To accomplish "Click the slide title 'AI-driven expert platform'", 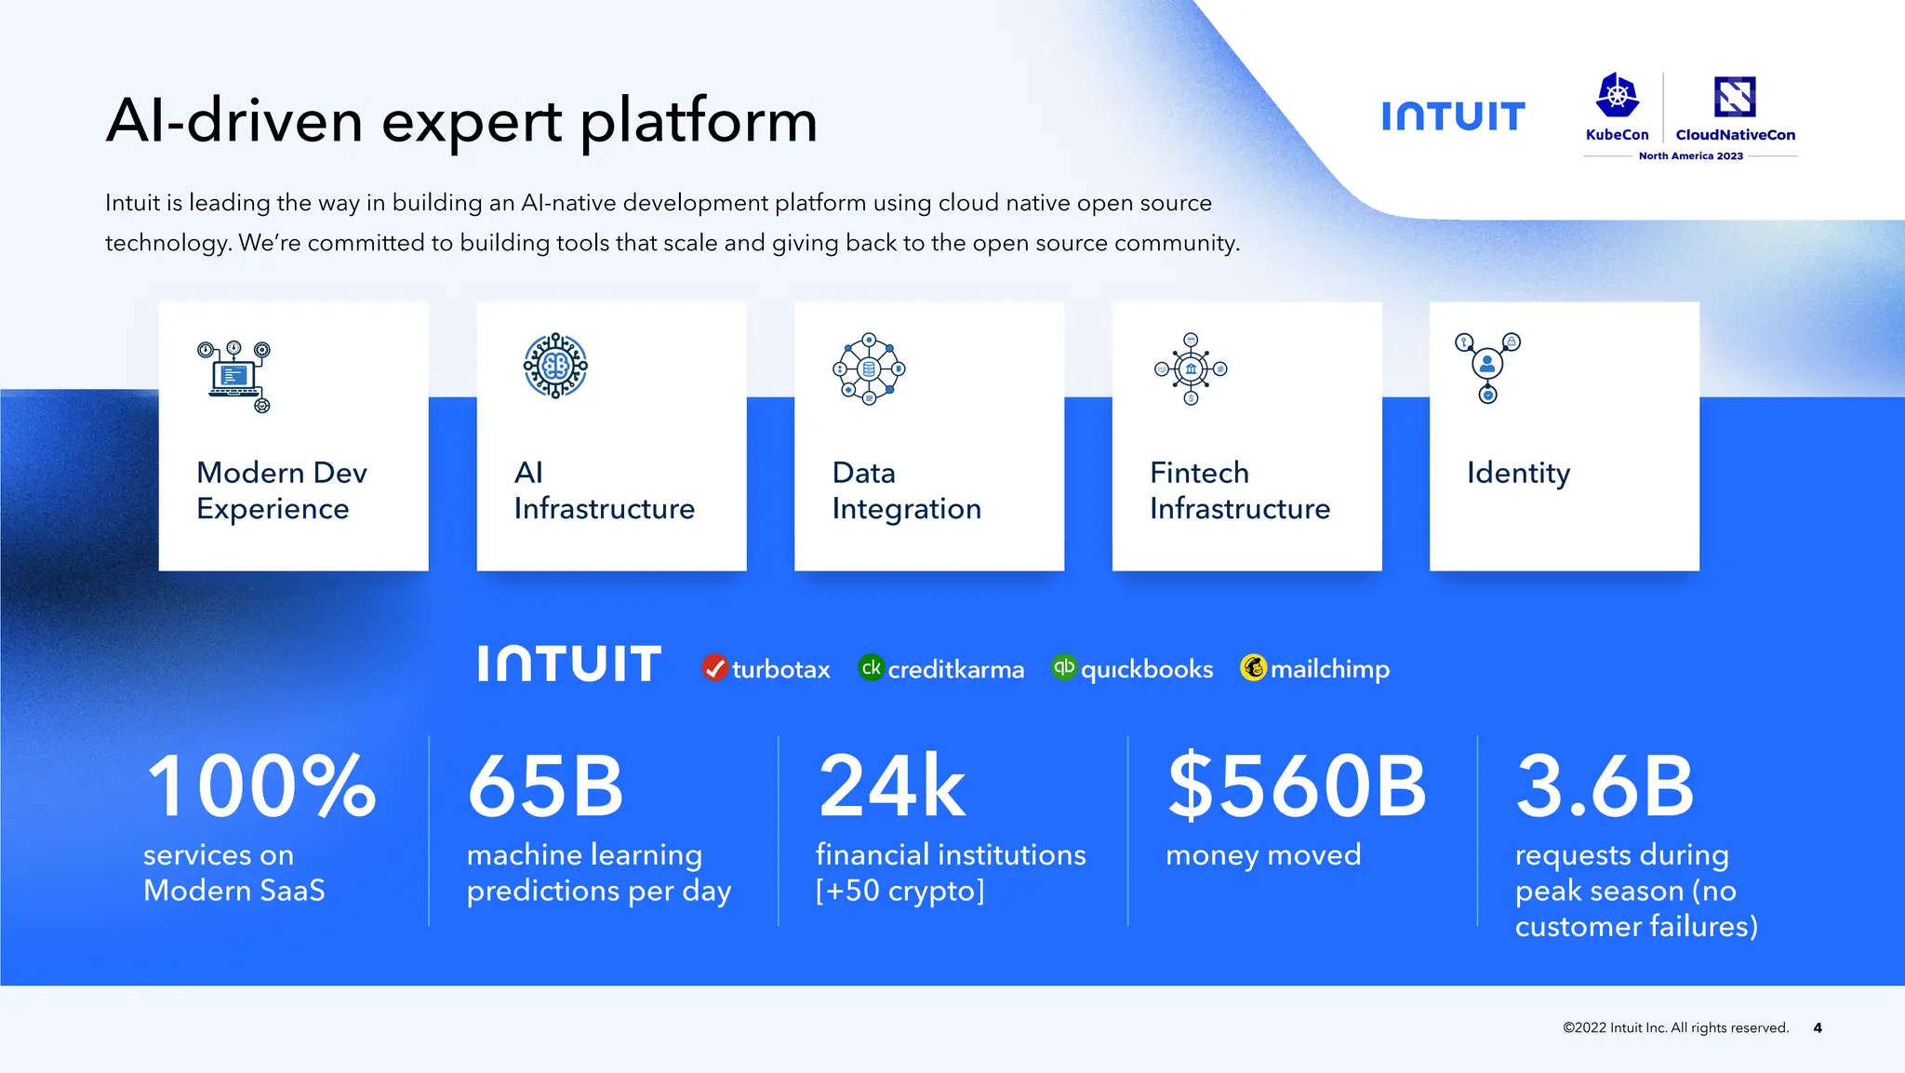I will pos(461,121).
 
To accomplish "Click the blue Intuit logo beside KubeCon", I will pos(1453,116).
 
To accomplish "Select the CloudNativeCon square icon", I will pos(1735,97).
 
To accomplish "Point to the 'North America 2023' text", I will pos(1690,156).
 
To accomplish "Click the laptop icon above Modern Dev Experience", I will pos(233,376).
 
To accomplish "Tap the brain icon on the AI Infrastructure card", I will pos(555,366).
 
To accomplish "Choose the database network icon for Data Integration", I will pos(869,369).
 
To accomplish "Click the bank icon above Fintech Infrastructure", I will pos(1191,369).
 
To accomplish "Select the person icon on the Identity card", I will pos(1487,365).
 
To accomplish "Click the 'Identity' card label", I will pos(1518,473).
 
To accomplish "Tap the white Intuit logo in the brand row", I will pos(569,664).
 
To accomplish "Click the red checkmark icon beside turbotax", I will pos(714,668).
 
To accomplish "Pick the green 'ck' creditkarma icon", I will pos(871,667).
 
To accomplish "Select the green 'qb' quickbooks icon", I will pos(1064,667).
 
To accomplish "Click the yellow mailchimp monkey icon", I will pos(1254,667).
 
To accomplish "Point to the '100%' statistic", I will pos(261,787).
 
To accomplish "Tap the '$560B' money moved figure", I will pos(1297,787).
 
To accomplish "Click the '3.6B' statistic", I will pos(1605,787).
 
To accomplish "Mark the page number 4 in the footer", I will pos(1818,1028).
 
